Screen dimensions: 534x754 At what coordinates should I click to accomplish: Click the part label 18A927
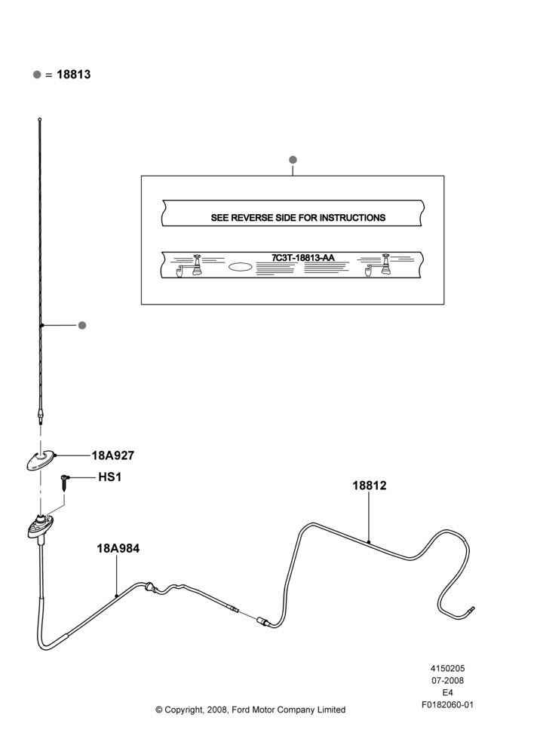click(112, 455)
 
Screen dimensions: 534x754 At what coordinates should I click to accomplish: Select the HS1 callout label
click(109, 477)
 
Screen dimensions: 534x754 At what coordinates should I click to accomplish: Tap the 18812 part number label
click(369, 486)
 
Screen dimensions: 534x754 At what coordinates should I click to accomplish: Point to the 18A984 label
click(118, 548)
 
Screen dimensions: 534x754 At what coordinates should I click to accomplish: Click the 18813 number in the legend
click(74, 75)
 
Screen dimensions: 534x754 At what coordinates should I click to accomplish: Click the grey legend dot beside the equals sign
click(37, 75)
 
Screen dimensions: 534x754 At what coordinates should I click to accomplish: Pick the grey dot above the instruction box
click(293, 160)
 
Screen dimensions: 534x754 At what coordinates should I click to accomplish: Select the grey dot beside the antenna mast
click(82, 326)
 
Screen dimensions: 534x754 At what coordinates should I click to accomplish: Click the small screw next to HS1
click(65, 482)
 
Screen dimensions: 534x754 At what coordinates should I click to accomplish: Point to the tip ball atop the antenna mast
click(39, 119)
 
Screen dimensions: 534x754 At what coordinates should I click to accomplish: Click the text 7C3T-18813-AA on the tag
click(303, 258)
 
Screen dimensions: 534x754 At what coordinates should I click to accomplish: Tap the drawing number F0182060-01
click(447, 705)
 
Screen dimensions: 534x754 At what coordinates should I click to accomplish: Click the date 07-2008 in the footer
click(447, 680)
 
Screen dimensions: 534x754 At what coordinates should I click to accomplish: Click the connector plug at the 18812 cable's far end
click(470, 610)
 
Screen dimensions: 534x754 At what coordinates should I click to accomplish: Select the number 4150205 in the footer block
click(447, 668)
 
